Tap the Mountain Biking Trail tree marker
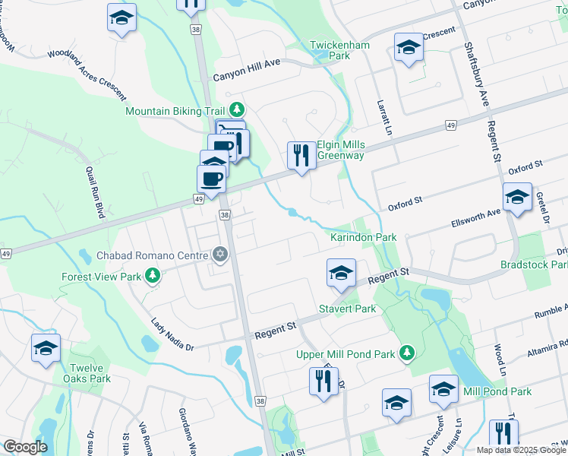coord(236,110)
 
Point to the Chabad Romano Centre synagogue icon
coord(221,254)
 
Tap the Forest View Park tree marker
coord(153,275)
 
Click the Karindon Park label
coord(364,238)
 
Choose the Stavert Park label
coord(348,309)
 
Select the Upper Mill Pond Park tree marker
coord(408,353)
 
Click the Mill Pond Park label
coord(497,391)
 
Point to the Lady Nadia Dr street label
coord(172,334)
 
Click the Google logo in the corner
coord(25,447)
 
